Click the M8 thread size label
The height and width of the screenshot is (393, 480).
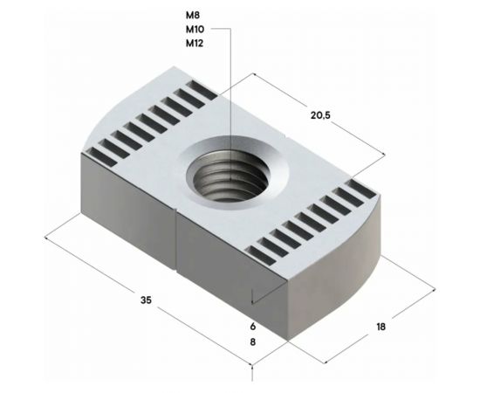(193, 16)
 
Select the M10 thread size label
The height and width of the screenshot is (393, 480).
(195, 30)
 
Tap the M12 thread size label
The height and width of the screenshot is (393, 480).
(195, 44)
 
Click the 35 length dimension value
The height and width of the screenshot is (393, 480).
(146, 300)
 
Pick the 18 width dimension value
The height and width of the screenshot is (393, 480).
(381, 327)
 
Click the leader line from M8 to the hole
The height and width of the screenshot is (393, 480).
(231, 87)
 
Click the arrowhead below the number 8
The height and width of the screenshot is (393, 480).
(253, 365)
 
